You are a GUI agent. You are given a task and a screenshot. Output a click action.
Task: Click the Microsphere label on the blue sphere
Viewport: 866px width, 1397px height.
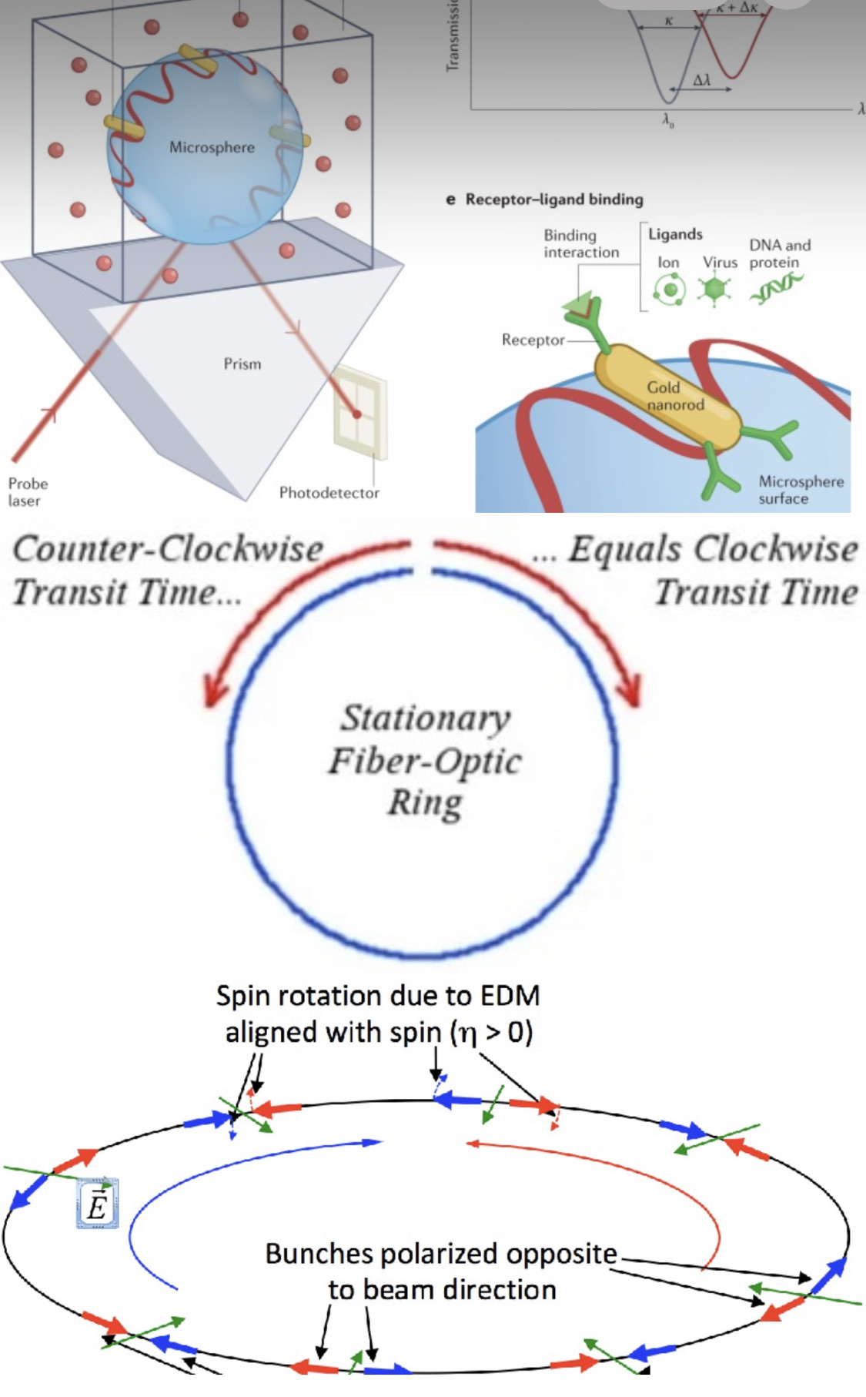(212, 147)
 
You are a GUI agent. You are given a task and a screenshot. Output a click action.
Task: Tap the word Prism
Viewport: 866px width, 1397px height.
(242, 363)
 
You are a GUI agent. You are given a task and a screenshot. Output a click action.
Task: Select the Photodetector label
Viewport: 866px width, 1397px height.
(329, 493)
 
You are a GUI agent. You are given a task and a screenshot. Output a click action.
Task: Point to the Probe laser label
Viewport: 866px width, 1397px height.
(28, 492)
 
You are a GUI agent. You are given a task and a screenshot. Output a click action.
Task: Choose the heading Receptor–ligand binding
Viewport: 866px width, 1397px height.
(553, 199)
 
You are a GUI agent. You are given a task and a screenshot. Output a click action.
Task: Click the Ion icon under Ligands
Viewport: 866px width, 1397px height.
(669, 290)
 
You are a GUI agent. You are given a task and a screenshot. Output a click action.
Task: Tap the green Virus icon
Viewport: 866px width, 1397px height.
(716, 290)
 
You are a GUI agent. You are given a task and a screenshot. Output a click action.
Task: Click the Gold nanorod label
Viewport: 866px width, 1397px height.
(675, 395)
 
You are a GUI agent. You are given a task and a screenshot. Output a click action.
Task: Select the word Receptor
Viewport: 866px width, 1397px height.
(533, 340)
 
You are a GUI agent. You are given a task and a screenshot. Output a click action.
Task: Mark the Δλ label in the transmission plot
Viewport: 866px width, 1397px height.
(701, 80)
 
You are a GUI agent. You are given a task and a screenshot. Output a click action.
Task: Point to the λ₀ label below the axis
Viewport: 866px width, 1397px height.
(668, 120)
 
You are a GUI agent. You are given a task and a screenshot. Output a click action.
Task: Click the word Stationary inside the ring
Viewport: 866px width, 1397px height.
(426, 718)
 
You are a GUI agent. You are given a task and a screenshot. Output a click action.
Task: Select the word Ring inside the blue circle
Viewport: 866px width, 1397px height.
(425, 802)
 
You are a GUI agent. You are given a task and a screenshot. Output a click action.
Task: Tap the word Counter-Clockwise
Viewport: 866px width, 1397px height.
(168, 549)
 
